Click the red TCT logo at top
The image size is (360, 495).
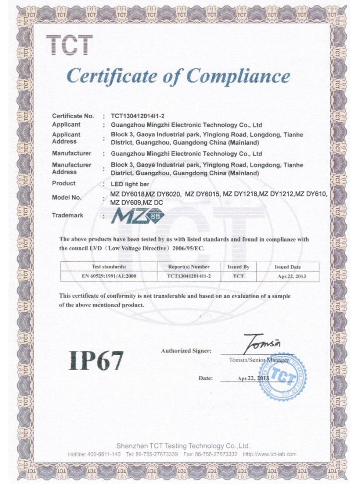click(x=70, y=46)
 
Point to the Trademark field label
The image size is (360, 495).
click(x=67, y=215)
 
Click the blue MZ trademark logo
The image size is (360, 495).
click(x=137, y=217)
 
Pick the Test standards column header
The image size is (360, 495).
click(x=109, y=266)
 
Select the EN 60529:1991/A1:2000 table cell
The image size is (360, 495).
click(x=109, y=276)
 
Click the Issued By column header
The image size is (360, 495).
click(x=238, y=266)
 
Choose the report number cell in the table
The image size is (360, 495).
click(x=189, y=276)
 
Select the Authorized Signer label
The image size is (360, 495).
click(x=186, y=351)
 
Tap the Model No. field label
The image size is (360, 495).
click(x=67, y=197)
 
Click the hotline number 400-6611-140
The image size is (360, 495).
click(x=104, y=454)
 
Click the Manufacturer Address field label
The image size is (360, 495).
click(x=72, y=168)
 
